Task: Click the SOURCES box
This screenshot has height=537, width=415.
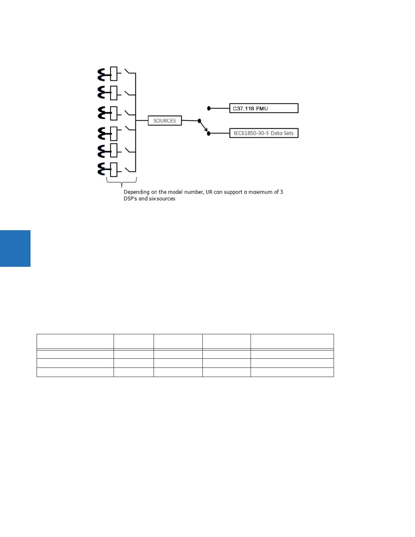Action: (165, 121)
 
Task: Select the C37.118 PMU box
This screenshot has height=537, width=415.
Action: (264, 108)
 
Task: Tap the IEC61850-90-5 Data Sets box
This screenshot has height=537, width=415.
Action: (264, 133)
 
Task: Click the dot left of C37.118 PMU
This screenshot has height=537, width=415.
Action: (209, 108)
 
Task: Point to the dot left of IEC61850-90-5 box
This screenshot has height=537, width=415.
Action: (209, 134)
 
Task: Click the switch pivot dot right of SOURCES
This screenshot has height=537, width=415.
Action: (199, 121)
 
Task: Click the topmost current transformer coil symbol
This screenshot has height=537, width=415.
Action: (101, 75)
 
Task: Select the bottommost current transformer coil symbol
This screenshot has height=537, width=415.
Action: (101, 170)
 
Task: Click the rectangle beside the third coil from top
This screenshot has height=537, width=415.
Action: (114, 113)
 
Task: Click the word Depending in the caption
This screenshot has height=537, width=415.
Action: (136, 192)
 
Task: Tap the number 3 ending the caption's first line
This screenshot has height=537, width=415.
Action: (281, 192)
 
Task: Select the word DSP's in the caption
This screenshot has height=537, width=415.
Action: (130, 199)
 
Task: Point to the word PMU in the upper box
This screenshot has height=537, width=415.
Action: (261, 109)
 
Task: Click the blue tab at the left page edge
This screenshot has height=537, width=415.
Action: (15, 248)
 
